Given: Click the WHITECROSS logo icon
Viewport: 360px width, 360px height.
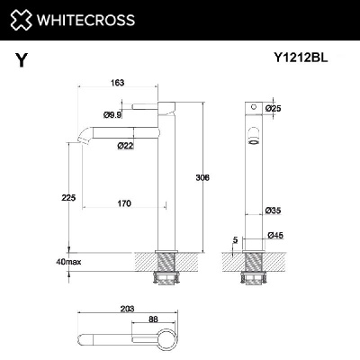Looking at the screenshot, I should (x=21, y=19).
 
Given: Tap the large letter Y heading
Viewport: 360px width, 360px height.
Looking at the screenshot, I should (x=20, y=61).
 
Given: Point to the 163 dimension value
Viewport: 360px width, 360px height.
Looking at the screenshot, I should (x=117, y=83).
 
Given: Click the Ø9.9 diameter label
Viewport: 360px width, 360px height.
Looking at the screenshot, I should (x=112, y=114).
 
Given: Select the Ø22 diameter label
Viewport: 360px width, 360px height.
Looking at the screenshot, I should (x=125, y=146).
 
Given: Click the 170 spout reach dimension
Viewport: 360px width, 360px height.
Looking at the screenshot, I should (x=125, y=203).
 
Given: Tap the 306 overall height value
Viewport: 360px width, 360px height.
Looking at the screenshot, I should (x=202, y=178).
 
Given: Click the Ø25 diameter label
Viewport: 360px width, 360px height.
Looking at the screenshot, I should (x=274, y=109).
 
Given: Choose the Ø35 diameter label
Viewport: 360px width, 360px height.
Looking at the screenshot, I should (x=273, y=211).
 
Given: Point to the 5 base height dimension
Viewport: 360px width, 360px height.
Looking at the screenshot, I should (x=234, y=239).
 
